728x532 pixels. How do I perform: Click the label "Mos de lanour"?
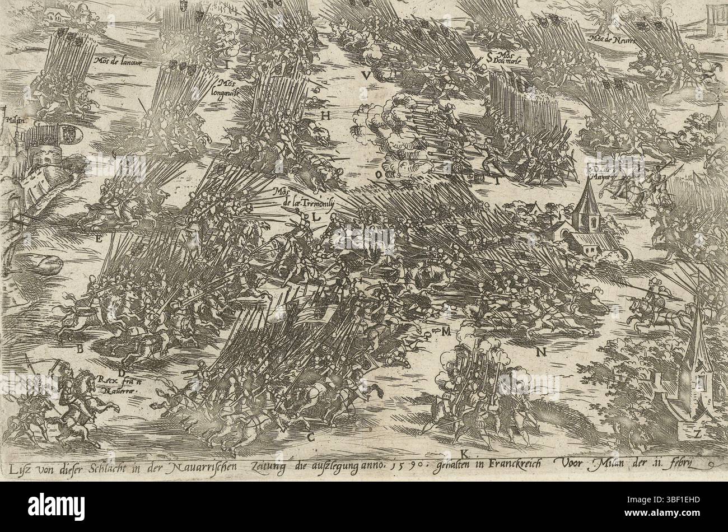click(117, 63)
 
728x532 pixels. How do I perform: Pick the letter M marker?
click(446, 332)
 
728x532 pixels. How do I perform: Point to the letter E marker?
click(99, 240)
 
